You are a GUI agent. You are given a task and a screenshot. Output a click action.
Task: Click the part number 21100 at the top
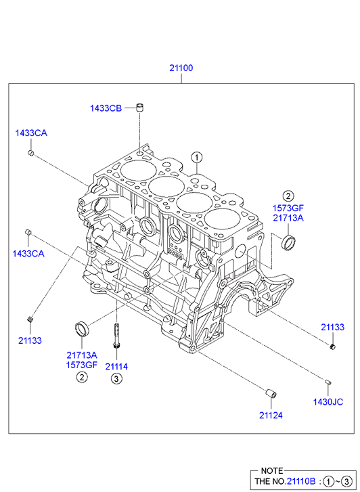(x=181, y=68)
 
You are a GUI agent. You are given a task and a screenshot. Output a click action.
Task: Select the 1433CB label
(x=106, y=108)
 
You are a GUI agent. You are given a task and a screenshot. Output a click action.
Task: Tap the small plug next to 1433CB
(x=139, y=108)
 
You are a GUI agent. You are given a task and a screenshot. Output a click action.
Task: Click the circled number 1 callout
(x=197, y=158)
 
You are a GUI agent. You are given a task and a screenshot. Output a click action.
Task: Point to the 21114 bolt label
(x=116, y=366)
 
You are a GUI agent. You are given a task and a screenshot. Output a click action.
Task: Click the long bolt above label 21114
(x=116, y=336)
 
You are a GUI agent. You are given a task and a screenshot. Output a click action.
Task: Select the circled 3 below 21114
(x=116, y=379)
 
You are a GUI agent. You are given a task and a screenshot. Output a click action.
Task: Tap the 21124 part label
(x=271, y=415)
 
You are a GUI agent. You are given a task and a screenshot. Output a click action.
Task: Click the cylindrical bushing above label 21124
(x=271, y=393)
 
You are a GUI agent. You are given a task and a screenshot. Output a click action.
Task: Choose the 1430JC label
(x=328, y=401)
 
